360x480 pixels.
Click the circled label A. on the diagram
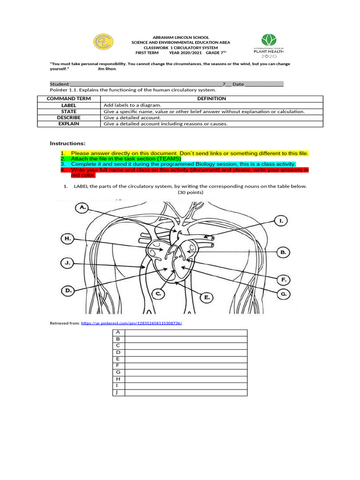(x=83, y=207)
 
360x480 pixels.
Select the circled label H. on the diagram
(x=67, y=239)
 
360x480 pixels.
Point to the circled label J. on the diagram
(x=67, y=263)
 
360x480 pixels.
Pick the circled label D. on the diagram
(x=68, y=291)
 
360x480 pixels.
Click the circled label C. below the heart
(x=159, y=294)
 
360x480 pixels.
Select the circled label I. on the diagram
(x=280, y=220)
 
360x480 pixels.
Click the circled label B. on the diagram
(x=283, y=252)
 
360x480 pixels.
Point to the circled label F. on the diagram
(x=283, y=280)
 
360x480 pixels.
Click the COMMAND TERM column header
(x=68, y=98)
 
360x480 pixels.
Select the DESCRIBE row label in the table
(x=68, y=118)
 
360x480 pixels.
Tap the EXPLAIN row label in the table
(x=68, y=124)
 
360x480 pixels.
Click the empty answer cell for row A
(x=186, y=332)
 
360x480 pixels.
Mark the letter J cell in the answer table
(x=118, y=392)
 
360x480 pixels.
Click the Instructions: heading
(x=67, y=143)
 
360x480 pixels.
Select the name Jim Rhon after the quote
(x=107, y=69)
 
